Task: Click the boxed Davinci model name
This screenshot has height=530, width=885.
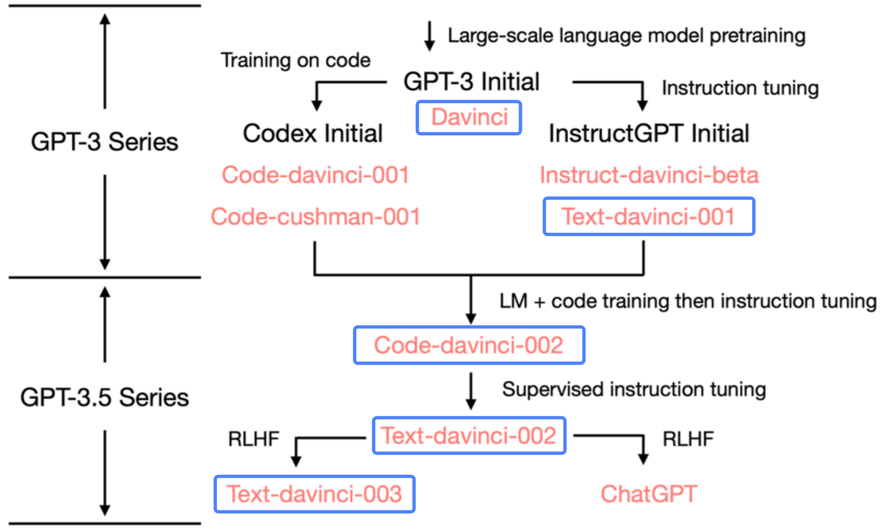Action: [469, 117]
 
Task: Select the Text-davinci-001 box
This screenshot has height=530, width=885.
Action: [649, 216]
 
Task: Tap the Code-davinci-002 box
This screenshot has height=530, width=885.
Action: [469, 345]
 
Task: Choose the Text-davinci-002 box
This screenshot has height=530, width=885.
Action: [469, 435]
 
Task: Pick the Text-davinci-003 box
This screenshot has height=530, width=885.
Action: [315, 494]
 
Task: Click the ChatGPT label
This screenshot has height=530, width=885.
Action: [649, 494]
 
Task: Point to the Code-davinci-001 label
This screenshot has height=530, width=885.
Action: [315, 175]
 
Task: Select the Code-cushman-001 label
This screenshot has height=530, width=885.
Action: [315, 216]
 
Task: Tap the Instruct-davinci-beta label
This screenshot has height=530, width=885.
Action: [649, 175]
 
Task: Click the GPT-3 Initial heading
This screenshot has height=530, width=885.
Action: [471, 81]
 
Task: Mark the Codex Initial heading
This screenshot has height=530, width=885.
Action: [312, 133]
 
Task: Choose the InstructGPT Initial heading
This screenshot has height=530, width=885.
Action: [649, 133]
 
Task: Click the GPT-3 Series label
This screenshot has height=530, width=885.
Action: [104, 142]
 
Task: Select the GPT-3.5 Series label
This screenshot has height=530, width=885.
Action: [104, 397]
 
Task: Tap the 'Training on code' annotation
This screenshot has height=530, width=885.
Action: [296, 60]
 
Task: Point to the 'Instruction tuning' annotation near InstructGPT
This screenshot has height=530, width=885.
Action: [740, 88]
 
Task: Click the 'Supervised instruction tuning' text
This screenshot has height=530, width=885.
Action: [634, 390]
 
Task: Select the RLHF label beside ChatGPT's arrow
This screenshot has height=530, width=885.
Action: [688, 439]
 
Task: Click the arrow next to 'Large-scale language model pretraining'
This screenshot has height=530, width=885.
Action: [430, 36]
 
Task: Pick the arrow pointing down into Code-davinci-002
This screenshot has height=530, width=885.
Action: [471, 299]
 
